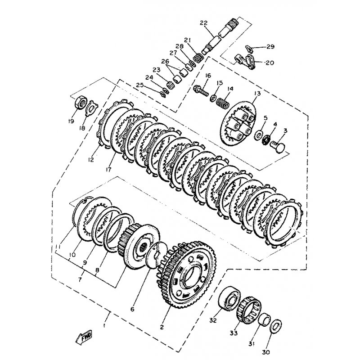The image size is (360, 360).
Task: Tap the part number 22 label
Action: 203,22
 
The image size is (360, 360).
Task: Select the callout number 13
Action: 257,94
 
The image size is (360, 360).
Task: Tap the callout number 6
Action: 132,309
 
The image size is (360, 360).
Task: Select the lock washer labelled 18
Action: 90,108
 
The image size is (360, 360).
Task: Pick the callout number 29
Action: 270,47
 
